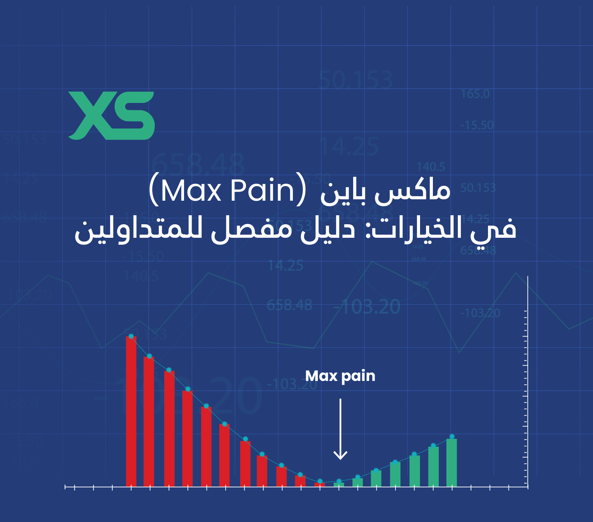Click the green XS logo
click(111, 115)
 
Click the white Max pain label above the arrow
click(340, 376)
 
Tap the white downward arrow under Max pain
click(340, 430)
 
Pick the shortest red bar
click(320, 484)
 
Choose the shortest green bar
click(339, 484)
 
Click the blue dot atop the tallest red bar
click(131, 336)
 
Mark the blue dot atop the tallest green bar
click(452, 436)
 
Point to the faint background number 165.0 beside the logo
click(475, 94)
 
